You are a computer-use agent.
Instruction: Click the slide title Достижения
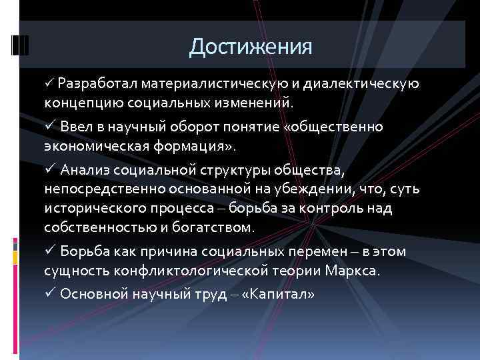[x=251, y=47]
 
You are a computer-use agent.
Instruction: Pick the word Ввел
[x=75, y=127]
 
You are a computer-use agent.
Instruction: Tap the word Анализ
[x=83, y=169]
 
